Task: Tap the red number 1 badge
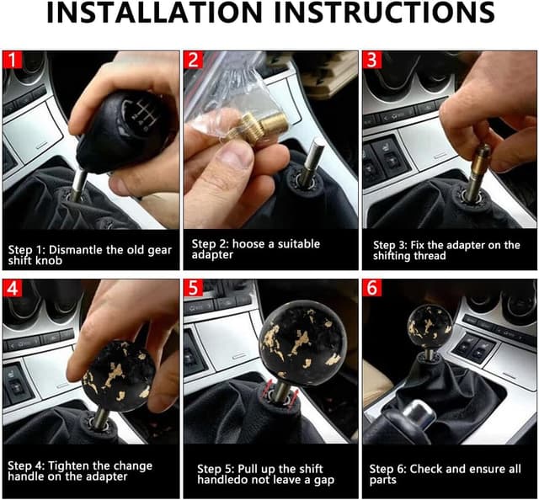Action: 12,61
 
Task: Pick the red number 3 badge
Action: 372,61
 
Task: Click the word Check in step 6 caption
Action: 425,467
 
